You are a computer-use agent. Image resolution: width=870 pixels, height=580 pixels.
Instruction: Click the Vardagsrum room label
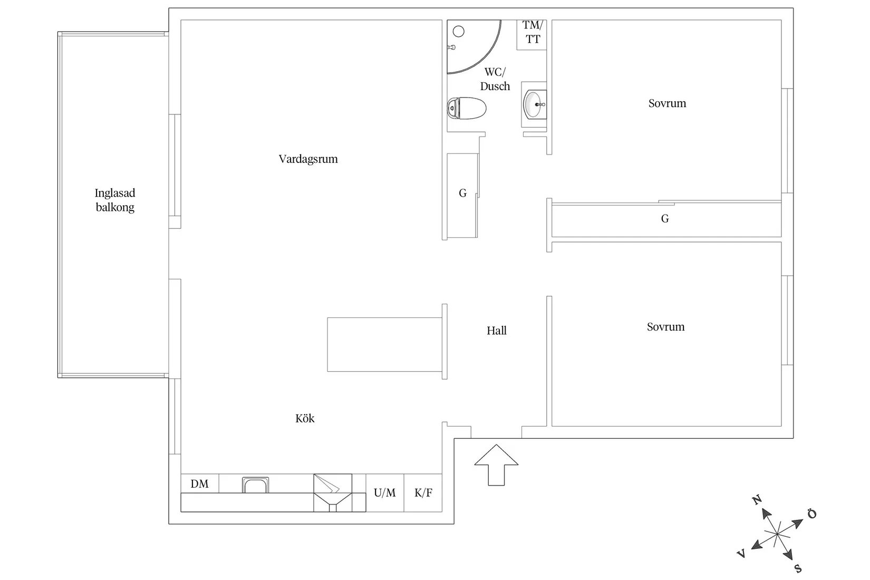[308, 159]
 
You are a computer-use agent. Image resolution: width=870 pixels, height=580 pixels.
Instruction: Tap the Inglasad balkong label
[115, 200]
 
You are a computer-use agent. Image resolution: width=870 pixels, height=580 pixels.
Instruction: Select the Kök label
[305, 419]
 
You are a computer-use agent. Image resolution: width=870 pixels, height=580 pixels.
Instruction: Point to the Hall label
[497, 331]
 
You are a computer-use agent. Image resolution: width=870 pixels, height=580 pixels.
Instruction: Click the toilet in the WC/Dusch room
[467, 108]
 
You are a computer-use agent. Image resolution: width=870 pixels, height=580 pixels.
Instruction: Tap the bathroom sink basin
[535, 104]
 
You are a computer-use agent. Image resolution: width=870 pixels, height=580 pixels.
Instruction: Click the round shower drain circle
[459, 32]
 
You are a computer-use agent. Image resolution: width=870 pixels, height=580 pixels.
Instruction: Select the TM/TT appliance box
[531, 35]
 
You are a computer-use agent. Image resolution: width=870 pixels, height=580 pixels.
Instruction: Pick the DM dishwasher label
[200, 484]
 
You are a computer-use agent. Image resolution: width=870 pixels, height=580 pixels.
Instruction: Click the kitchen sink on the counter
[255, 485]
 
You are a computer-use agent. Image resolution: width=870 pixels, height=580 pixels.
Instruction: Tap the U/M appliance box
[385, 492]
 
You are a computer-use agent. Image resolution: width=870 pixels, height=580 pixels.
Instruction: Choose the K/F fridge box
[423, 492]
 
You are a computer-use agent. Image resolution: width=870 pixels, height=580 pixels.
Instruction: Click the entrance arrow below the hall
[496, 465]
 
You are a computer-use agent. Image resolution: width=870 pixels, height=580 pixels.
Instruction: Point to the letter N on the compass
[757, 499]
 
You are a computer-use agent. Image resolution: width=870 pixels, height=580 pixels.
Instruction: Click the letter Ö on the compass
[812, 514]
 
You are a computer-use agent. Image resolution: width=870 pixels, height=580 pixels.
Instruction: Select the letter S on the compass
[798, 569]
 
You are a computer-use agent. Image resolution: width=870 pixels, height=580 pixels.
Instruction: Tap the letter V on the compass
[741, 553]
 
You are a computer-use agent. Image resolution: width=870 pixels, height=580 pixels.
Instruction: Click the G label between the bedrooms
[665, 219]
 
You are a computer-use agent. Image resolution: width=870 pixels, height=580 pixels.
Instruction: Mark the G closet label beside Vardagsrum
[462, 193]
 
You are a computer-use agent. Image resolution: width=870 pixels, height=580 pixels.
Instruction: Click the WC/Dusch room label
[495, 79]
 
